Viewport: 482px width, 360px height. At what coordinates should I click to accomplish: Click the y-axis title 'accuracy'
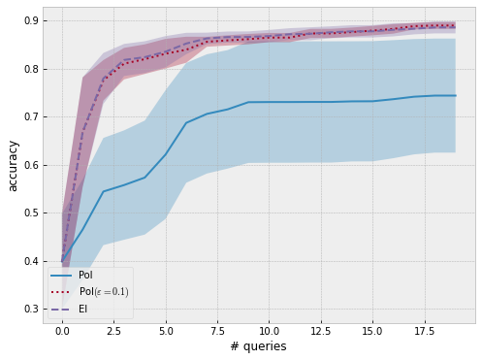coord(14,166)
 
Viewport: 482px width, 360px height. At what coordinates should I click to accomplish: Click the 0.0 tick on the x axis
coord(63,331)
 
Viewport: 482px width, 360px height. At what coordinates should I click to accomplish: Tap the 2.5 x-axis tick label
coord(114,331)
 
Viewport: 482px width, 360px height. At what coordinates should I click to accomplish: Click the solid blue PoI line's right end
coord(456,95)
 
